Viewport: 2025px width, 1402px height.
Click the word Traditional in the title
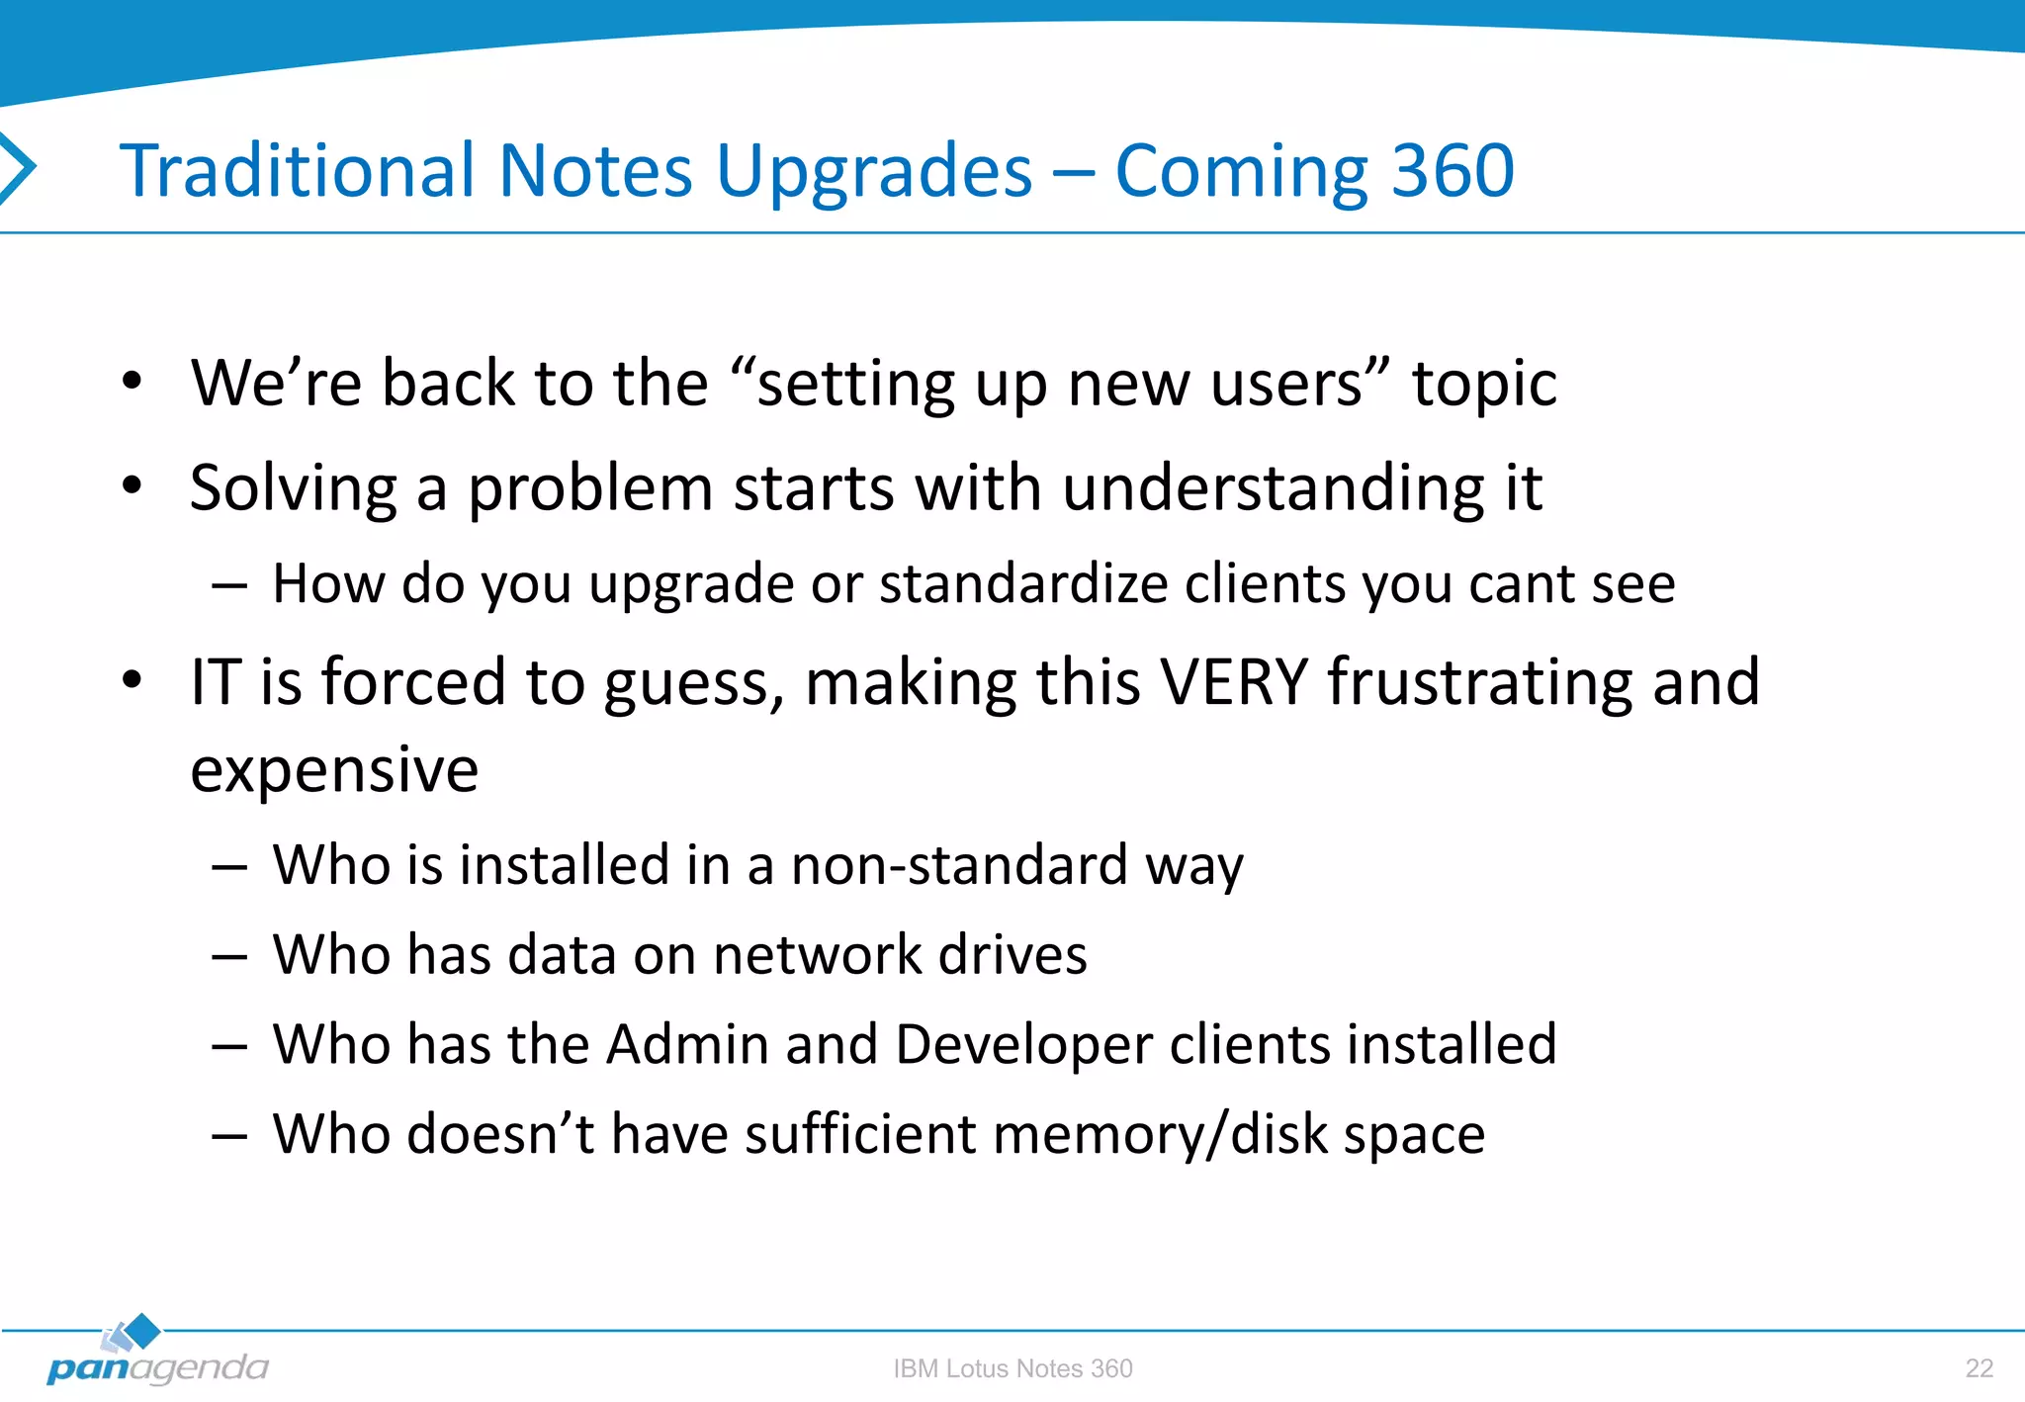tap(298, 171)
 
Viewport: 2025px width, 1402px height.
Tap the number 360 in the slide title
tap(1453, 171)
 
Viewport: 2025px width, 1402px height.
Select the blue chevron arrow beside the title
tap(18, 168)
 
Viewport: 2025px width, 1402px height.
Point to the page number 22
tap(1979, 1368)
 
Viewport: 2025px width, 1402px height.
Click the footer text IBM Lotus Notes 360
tap(1012, 1368)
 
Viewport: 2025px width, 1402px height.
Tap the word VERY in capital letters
tap(1234, 682)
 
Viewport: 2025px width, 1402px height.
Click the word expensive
tap(334, 770)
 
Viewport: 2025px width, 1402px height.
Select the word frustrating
tap(1479, 682)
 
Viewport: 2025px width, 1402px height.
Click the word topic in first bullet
tap(1484, 384)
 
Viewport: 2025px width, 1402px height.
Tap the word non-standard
tap(959, 865)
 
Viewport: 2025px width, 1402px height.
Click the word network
tap(817, 955)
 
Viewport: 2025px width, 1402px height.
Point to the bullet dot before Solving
tap(132, 485)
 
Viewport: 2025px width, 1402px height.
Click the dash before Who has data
tap(228, 957)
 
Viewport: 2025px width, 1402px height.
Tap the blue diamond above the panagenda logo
tap(143, 1331)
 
